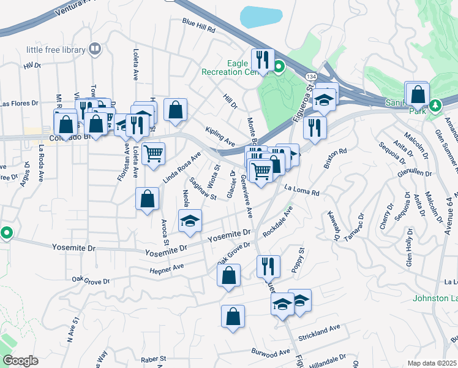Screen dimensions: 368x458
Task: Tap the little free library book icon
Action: (x=94, y=48)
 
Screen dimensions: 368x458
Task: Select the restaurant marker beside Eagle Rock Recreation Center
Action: (x=263, y=60)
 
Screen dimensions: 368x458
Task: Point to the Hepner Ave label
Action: (x=167, y=268)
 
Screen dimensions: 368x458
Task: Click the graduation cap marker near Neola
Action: (x=190, y=221)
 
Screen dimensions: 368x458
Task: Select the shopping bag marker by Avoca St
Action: (x=147, y=199)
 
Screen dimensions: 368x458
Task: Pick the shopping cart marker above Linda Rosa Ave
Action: (x=153, y=153)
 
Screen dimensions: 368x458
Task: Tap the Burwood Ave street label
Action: (x=270, y=352)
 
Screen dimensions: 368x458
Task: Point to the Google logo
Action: (x=20, y=360)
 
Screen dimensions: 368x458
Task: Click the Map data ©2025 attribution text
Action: (x=432, y=363)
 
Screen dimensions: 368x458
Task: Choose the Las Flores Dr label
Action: (x=18, y=104)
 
